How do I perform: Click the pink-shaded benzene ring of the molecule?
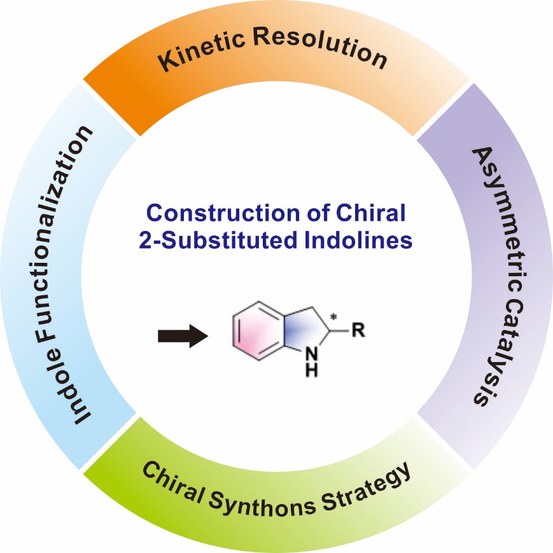[255, 335]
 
